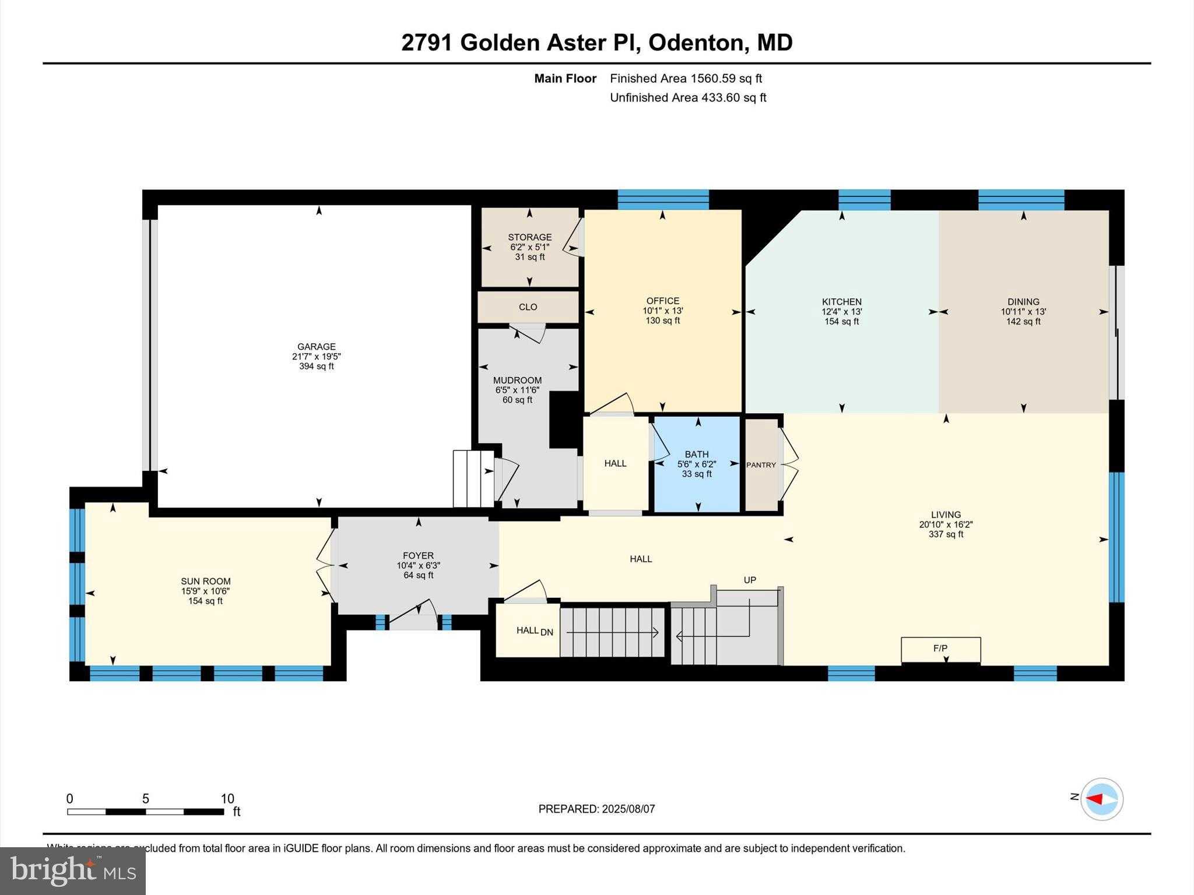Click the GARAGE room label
(x=317, y=347)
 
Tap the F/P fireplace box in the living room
(x=940, y=649)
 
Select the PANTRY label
(x=761, y=465)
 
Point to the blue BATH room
(x=697, y=464)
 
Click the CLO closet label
(x=528, y=307)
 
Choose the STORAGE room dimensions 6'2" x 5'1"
(x=529, y=247)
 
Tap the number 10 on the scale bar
(x=227, y=799)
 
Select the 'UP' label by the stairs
(x=750, y=580)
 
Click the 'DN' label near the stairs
(x=547, y=632)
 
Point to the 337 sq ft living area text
(x=946, y=534)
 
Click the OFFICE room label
(x=663, y=301)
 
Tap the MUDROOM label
(x=518, y=380)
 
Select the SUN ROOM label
(x=205, y=581)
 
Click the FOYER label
(x=418, y=556)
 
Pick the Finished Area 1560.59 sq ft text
(x=686, y=79)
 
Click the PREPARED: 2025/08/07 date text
(x=596, y=809)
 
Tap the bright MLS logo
(x=73, y=871)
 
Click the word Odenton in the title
(x=696, y=43)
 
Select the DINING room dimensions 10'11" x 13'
(x=1023, y=312)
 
